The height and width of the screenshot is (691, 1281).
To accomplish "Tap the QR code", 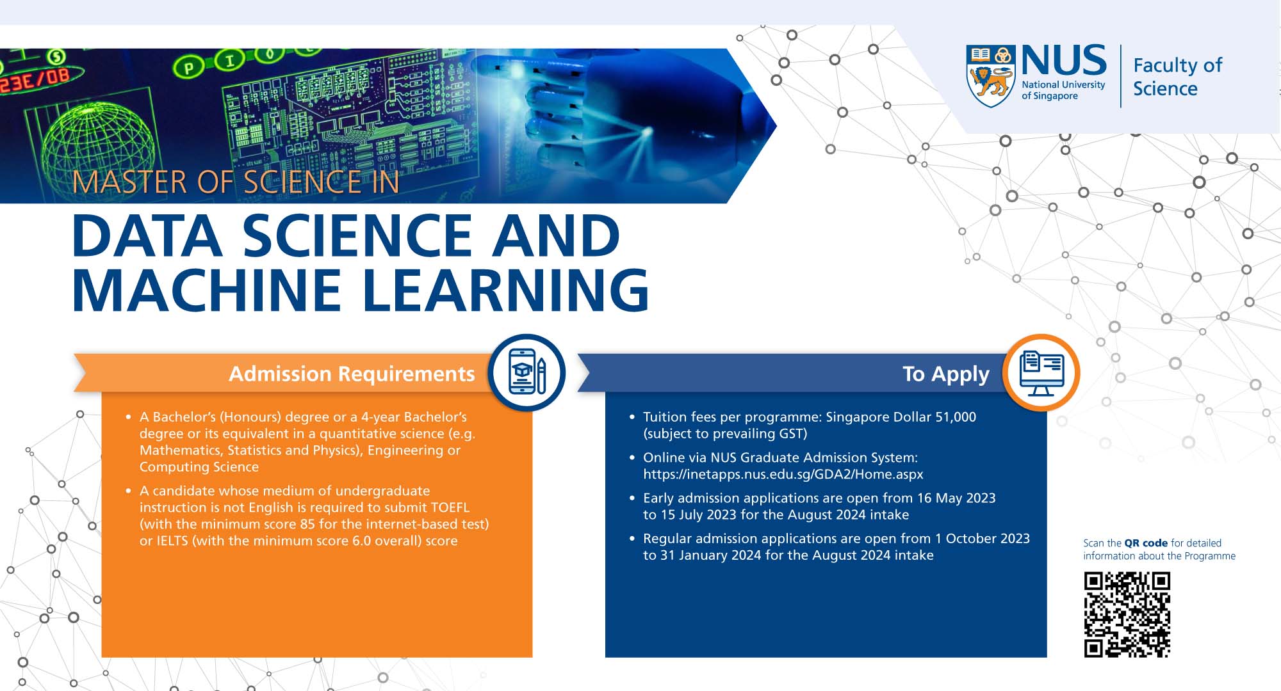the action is tap(1127, 615).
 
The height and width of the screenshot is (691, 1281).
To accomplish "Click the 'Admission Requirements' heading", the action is tap(352, 374).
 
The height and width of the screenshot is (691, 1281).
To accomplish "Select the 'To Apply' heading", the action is tap(946, 374).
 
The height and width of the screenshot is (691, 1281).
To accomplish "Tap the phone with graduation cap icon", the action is tap(527, 372).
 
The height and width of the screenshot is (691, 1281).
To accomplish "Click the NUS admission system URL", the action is tap(783, 475).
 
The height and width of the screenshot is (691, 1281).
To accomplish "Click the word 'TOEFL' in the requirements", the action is tap(450, 507).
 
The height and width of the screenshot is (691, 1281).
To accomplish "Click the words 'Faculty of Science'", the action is tap(1178, 77).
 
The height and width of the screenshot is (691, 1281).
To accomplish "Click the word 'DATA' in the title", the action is tap(147, 235).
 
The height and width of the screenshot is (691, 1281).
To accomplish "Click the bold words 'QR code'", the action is tap(1146, 543).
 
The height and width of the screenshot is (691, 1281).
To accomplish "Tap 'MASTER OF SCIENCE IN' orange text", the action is tap(236, 182).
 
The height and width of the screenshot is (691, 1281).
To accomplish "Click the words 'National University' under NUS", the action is tap(1063, 84).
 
